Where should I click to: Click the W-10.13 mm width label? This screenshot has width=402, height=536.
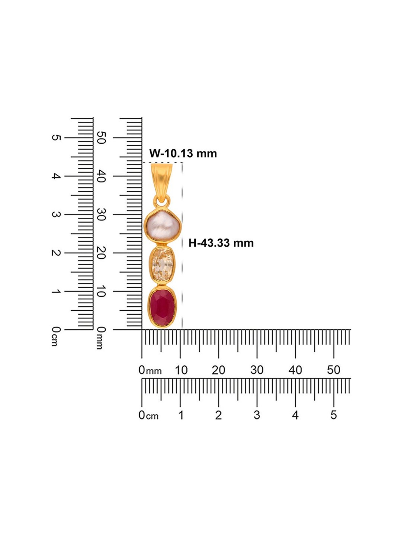(x=183, y=153)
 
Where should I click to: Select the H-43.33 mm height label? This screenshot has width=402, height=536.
(x=221, y=243)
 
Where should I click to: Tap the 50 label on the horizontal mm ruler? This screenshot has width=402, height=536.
(x=334, y=370)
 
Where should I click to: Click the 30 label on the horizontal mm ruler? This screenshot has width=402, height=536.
(x=257, y=370)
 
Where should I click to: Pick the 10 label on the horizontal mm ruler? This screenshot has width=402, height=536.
(x=181, y=370)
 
